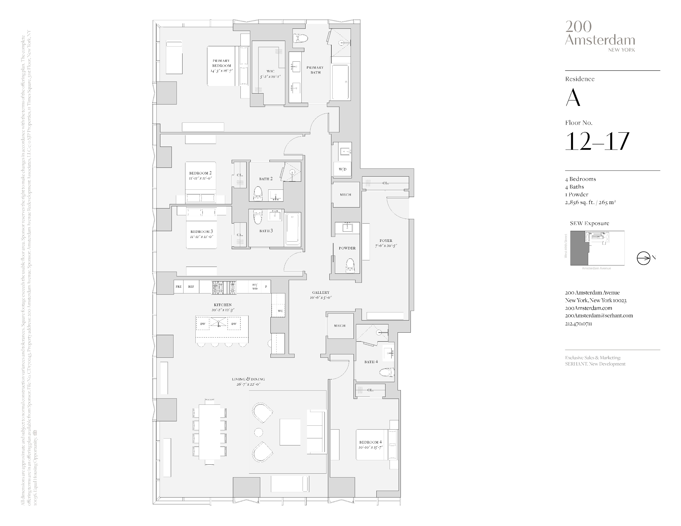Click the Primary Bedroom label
pyautogui.click(x=221, y=63)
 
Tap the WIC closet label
pyautogui.click(x=270, y=71)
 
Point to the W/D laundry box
pyautogui.click(x=342, y=169)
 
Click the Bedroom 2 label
pyautogui.click(x=200, y=173)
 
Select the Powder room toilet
pyautogui.click(x=350, y=266)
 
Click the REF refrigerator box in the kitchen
pyautogui.click(x=191, y=287)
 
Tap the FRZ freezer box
pyautogui.click(x=178, y=287)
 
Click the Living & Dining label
pyautogui.click(x=248, y=379)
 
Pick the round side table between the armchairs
pyautogui.click(x=259, y=432)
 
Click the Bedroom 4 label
pyautogui.click(x=370, y=442)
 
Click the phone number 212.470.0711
pyautogui.click(x=578, y=323)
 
